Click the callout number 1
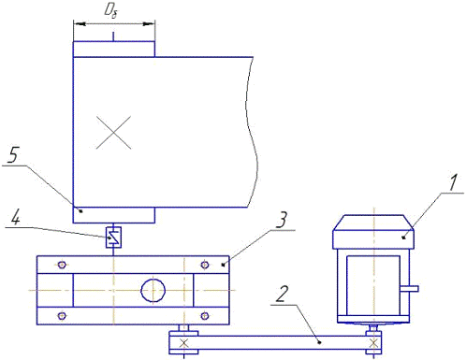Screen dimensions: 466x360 coord(453,182)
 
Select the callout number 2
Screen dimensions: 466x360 coord(282,294)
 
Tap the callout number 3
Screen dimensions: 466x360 coord(282,220)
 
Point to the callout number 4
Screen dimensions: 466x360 coord(16,217)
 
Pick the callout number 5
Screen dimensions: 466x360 coord(13,155)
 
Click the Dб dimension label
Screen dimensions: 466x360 coord(111,11)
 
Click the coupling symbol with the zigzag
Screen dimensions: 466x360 coord(113,238)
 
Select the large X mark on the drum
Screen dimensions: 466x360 coord(113,133)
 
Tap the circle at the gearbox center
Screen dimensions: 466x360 coord(153,291)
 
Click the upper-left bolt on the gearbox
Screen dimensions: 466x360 coord(62,265)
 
